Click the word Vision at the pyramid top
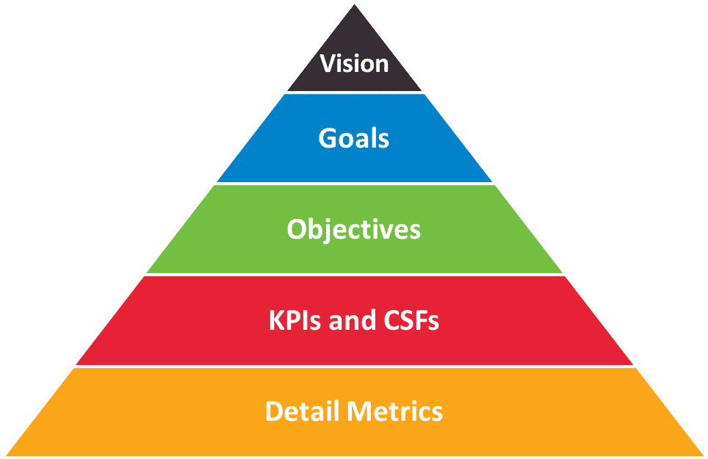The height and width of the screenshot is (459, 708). coord(354,64)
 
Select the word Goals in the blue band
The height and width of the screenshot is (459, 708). coord(353,137)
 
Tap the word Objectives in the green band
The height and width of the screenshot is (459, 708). coord(353,230)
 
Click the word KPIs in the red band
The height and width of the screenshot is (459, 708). coord(295,320)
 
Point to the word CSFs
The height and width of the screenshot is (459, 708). coord(411,320)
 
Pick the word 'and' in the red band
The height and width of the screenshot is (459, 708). coord(353,320)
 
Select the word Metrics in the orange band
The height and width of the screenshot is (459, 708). coord(394,411)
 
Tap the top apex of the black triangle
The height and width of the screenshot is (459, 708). coord(355,4)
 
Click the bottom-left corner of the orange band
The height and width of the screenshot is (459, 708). coord(6,455)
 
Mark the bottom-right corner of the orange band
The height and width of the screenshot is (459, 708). coord(704,455)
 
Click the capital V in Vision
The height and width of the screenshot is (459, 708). coord(328,64)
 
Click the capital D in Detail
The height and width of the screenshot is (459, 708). coord(274,411)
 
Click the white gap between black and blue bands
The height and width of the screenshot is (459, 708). coord(355,93)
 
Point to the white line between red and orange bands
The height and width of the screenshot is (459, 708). coord(355,366)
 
